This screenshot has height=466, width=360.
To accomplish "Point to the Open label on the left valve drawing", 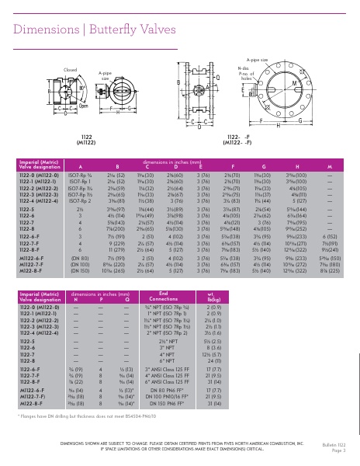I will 83,106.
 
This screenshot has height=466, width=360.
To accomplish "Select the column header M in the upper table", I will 330,166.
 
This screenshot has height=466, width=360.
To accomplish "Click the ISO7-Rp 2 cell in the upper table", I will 80,200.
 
